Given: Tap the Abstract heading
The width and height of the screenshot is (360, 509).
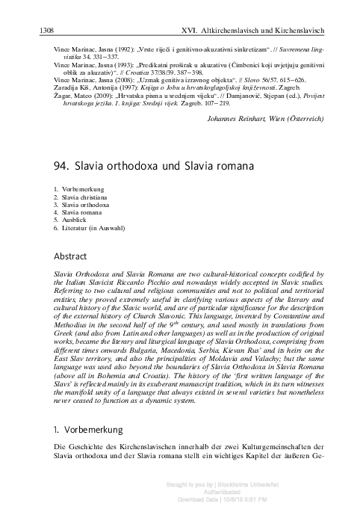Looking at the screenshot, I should click(69, 255).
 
